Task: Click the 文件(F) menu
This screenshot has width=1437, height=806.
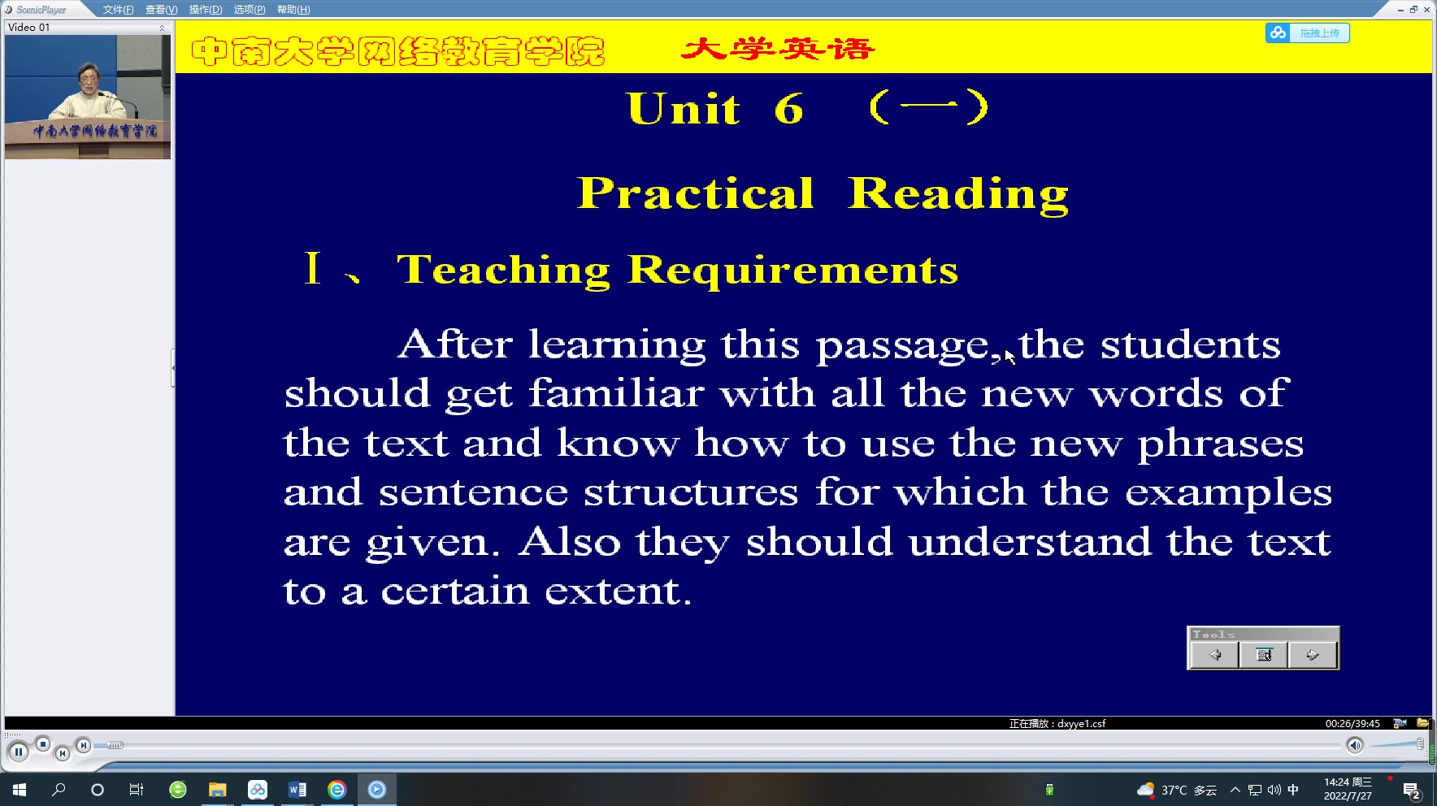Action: click(x=118, y=10)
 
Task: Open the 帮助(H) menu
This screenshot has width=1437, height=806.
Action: click(x=293, y=10)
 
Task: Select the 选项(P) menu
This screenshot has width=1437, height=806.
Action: click(x=250, y=10)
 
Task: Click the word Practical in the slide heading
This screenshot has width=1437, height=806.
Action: click(x=696, y=193)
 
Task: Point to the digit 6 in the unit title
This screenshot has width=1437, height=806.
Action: click(x=788, y=109)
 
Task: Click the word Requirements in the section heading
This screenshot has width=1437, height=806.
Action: click(x=793, y=270)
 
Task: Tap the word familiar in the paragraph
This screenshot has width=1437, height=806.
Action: click(x=616, y=393)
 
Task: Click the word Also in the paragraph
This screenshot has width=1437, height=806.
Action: click(x=570, y=541)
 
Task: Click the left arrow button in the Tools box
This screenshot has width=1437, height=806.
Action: click(x=1215, y=655)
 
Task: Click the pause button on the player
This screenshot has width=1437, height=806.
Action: click(x=18, y=752)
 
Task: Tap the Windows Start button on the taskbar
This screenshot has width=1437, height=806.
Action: click(x=20, y=790)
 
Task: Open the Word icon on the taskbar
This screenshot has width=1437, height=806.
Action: click(x=297, y=790)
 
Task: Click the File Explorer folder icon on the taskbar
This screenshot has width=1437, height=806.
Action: click(x=217, y=790)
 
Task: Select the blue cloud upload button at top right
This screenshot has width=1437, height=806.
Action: click(x=1307, y=32)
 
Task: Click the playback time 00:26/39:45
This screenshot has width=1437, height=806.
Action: click(x=1352, y=723)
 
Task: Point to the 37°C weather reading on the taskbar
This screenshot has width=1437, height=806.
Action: click(x=1174, y=790)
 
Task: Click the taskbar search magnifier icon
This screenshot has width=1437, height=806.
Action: click(x=59, y=790)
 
